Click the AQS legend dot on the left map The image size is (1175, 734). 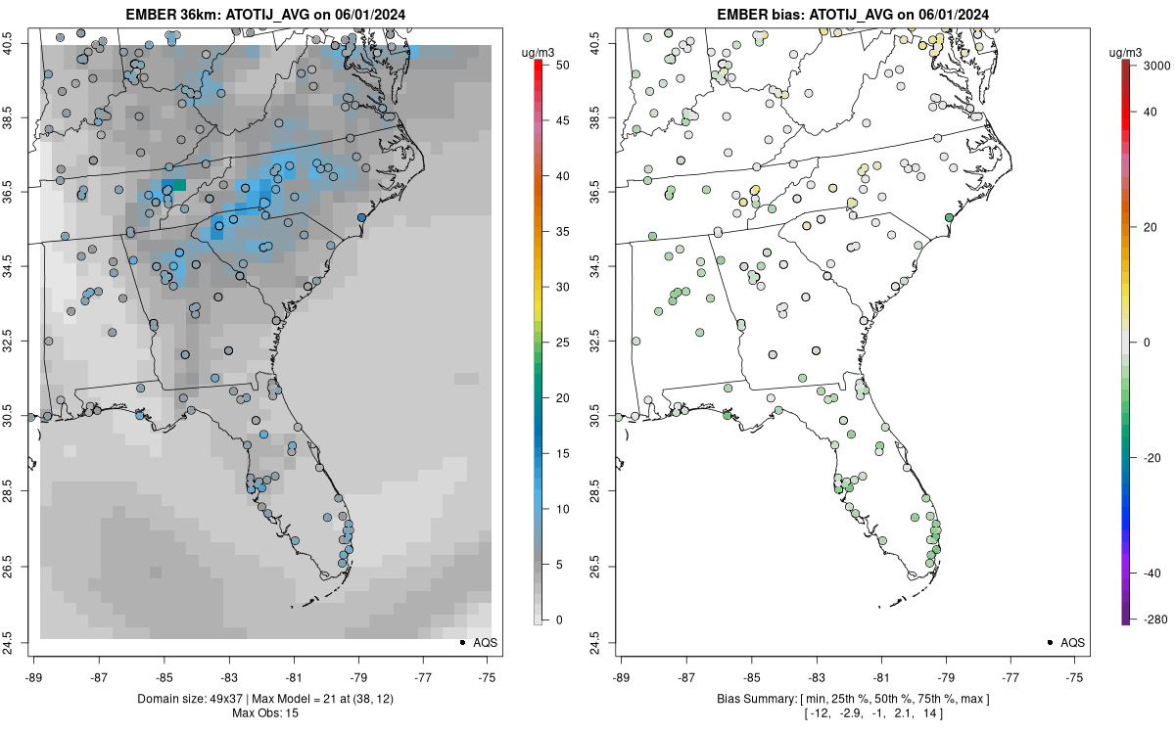[x=461, y=643]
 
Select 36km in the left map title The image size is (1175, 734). [x=195, y=15]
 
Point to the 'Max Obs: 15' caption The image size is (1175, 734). [x=266, y=712]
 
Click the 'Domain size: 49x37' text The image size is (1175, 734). [x=182, y=699]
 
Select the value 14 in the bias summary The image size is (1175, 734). [x=924, y=713]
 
